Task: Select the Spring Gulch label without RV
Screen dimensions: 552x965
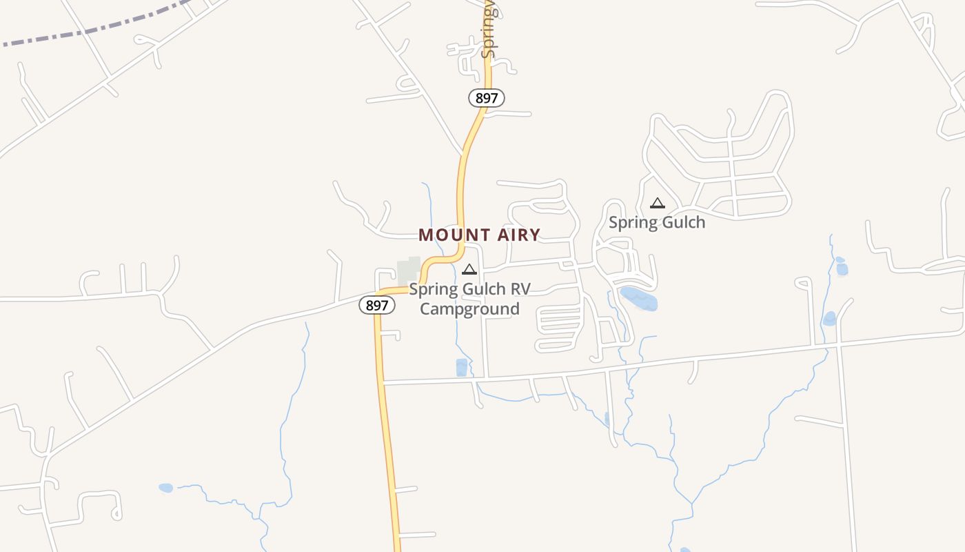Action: point(657,222)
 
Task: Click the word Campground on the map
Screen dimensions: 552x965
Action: point(469,308)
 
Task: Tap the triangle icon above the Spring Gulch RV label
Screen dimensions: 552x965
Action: point(469,269)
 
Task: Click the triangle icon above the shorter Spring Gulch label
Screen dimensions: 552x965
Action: point(658,203)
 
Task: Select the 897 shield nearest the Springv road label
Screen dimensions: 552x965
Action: point(487,98)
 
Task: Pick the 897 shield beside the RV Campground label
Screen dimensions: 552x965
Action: point(377,305)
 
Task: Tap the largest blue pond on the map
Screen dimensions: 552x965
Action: point(639,299)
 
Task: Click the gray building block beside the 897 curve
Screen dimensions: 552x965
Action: point(409,270)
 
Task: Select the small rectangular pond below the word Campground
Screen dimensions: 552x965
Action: point(461,368)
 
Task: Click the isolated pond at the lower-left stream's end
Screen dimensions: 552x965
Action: point(165,488)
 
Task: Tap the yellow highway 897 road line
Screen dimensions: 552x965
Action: point(386,428)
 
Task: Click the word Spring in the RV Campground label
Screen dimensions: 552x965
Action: point(431,288)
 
